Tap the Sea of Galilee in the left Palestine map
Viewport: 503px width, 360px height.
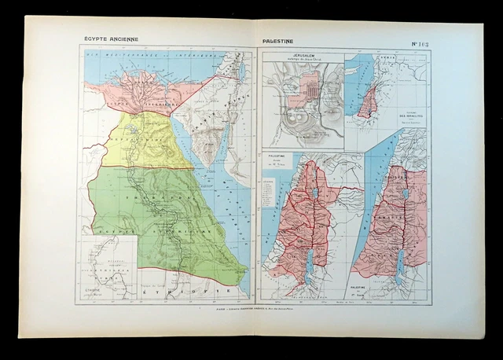point(316,191)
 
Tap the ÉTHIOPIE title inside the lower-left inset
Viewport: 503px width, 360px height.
point(97,289)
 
